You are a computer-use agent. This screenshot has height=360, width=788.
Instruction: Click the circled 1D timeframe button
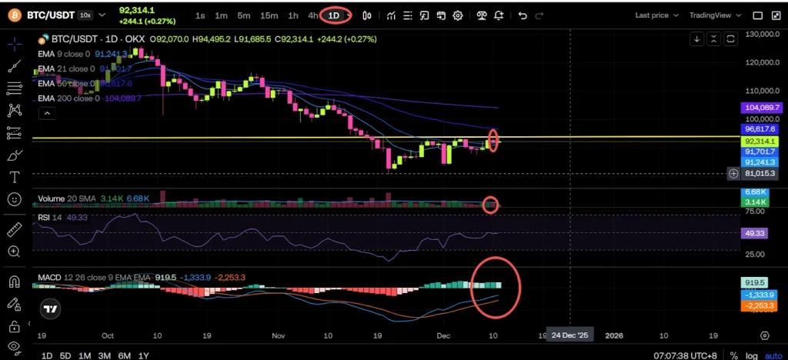(x=334, y=15)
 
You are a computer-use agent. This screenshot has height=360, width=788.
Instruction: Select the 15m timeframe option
(x=269, y=15)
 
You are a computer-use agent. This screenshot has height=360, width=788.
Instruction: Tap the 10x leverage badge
(x=85, y=15)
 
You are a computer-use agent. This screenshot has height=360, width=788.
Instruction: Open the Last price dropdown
(x=656, y=15)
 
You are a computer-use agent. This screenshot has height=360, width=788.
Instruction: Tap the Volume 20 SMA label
(x=65, y=198)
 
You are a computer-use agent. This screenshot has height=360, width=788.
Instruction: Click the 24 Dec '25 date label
(x=569, y=335)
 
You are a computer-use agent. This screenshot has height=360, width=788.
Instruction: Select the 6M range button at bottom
(x=123, y=355)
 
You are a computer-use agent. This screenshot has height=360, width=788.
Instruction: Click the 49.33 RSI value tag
(x=753, y=232)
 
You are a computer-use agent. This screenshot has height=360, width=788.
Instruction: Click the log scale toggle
(x=751, y=355)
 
